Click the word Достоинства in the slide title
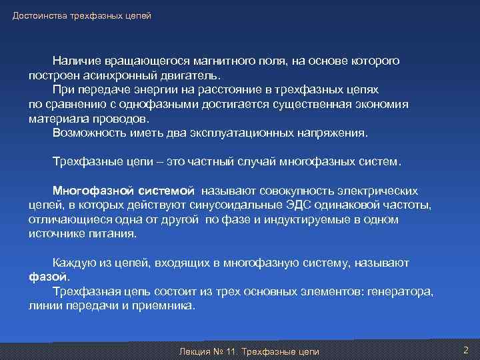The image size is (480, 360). tap(37, 15)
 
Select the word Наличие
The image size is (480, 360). tap(75, 61)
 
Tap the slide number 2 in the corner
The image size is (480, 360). tap(465, 350)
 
